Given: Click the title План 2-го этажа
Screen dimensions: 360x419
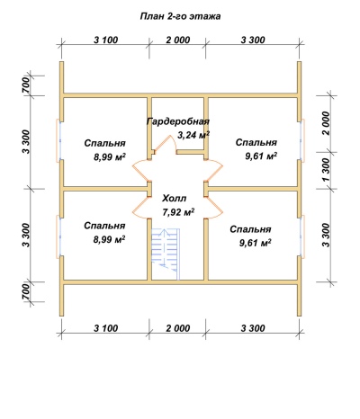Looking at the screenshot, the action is click(180, 16).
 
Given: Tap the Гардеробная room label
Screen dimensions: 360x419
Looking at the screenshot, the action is click(178, 122).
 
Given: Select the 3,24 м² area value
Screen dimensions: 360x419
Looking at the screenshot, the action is click(193, 135).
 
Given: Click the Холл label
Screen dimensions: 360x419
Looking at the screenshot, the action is click(175, 199).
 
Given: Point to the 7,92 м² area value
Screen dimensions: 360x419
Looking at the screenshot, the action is click(178, 212).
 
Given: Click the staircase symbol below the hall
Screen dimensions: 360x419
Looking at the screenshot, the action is click(165, 254).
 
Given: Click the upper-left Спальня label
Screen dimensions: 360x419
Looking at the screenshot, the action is click(104, 143).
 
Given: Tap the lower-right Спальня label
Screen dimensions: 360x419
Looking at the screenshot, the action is click(250, 229).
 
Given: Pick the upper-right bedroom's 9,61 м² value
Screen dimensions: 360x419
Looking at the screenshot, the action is click(261, 156).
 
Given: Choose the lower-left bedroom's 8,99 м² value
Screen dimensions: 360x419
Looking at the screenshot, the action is click(110, 239).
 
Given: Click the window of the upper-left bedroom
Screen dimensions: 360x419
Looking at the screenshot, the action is click(59, 140).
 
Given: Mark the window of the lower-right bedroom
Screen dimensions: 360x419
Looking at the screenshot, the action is click(301, 236).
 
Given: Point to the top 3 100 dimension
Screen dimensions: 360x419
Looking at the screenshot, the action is click(106, 40).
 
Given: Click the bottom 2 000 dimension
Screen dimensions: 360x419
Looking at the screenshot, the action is click(178, 328).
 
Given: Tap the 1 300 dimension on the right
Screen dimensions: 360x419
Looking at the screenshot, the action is click(326, 170).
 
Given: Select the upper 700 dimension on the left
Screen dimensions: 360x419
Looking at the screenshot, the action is click(26, 85).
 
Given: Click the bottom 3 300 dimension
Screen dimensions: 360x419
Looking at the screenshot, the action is click(253, 328).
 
